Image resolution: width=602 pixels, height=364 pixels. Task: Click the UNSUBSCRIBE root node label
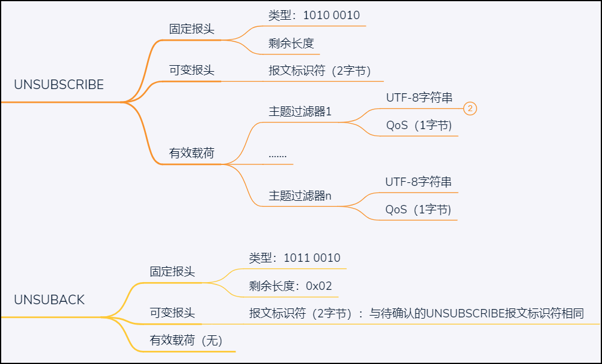pos(59,85)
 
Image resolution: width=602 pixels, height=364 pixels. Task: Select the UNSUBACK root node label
pos(49,300)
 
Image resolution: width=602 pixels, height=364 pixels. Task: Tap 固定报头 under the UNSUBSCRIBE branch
pos(191,29)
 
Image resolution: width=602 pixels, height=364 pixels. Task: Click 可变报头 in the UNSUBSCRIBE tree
pos(191,71)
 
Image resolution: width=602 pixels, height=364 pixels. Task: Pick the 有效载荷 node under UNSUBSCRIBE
pos(191,153)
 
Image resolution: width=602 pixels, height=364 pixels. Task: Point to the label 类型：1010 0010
pos(314,16)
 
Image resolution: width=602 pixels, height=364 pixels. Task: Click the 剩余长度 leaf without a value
pos(291,43)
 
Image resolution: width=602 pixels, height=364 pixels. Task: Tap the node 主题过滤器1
pos(300,112)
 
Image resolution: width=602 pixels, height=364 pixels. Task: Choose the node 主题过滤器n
pos(300,195)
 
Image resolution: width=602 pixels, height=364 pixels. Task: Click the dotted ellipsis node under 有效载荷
pos(277,154)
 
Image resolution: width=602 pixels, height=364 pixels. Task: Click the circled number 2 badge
pos(470,108)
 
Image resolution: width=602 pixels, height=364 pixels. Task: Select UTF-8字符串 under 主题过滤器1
pos(418,98)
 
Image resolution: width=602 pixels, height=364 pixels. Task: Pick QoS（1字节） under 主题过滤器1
pos(418,126)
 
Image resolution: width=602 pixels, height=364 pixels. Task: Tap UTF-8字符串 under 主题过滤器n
pos(418,182)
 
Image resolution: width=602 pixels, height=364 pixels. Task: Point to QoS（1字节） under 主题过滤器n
pos(418,210)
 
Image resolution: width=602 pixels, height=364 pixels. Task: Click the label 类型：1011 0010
pos(294,258)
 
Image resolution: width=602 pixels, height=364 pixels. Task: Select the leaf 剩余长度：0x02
pos(290,286)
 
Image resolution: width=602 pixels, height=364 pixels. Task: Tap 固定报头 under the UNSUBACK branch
pos(172,272)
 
